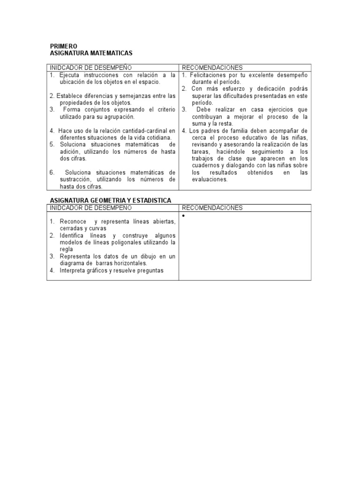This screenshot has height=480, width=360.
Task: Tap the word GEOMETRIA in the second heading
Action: tap(104, 200)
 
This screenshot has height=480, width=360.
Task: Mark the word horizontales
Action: tap(107, 263)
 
